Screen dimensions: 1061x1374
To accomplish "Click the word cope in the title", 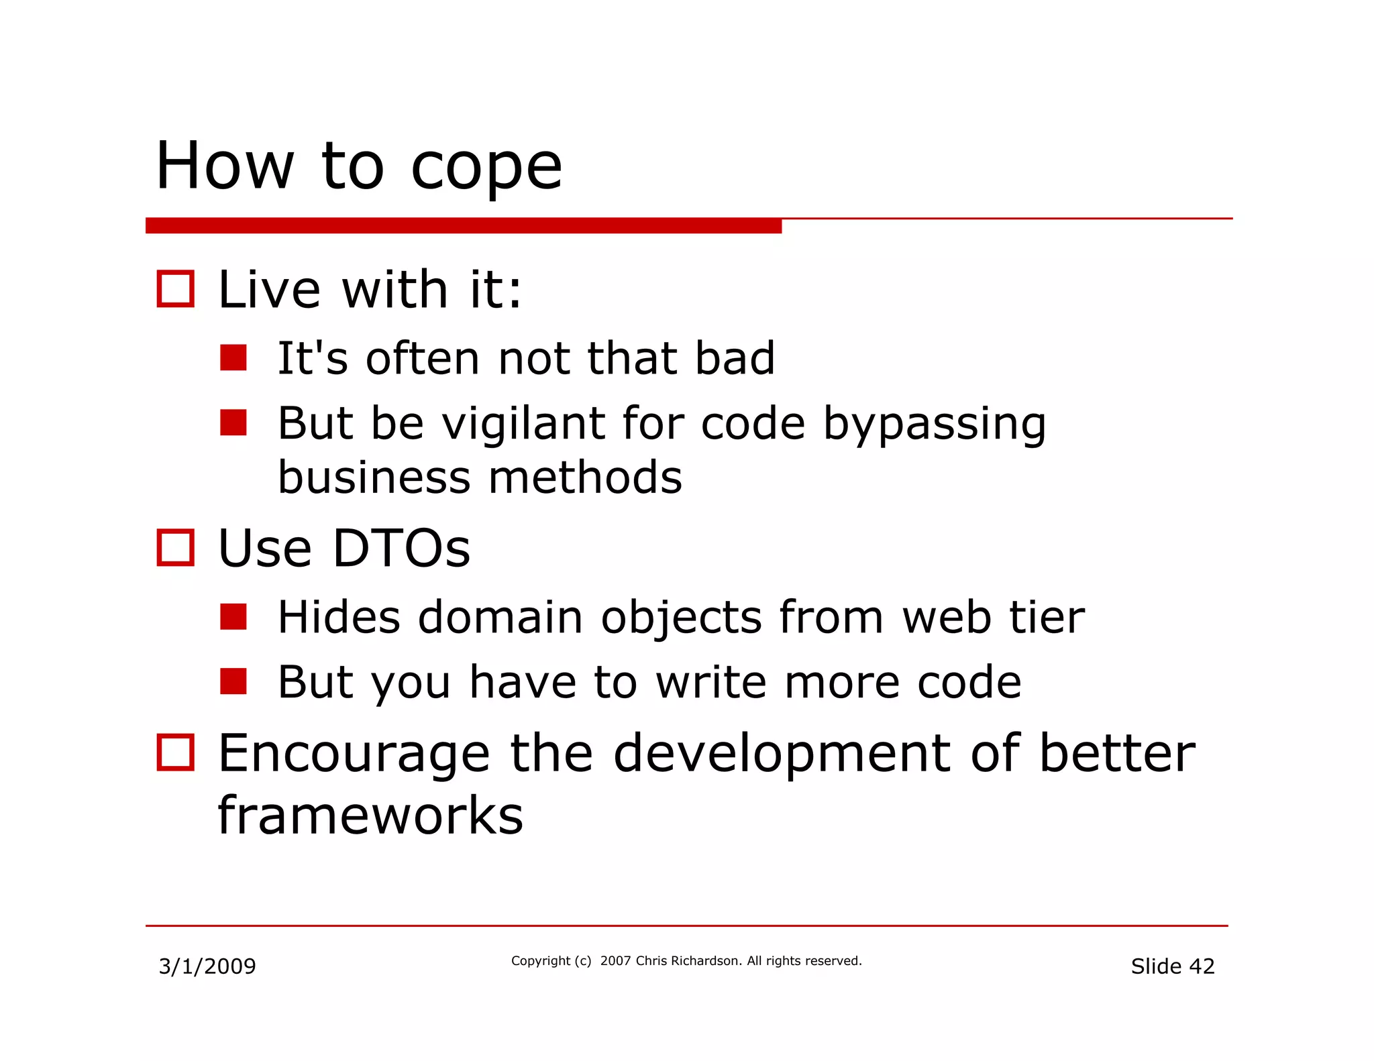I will point(486,168).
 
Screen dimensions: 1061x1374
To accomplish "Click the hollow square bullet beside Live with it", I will point(176,289).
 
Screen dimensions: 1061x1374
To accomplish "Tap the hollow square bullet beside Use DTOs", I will point(176,548).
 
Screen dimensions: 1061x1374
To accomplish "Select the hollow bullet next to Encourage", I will point(176,752).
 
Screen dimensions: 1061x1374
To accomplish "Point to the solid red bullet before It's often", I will point(233,358).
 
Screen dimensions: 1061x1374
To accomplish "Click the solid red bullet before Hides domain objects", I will point(233,617).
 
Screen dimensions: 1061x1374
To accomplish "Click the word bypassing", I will point(934,424).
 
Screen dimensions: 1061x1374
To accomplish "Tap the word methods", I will point(585,478).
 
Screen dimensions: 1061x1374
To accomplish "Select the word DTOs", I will point(401,549).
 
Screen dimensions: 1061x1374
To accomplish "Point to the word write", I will point(711,682).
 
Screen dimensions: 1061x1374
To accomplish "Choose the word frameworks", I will point(370,816).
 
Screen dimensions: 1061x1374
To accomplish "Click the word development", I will point(782,754).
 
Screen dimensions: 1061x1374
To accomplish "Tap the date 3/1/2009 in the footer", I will point(207,966).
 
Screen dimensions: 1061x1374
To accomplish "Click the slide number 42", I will point(1202,966).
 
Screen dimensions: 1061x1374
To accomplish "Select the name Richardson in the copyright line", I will point(706,961).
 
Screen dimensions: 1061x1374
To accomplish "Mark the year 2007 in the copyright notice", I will point(615,961).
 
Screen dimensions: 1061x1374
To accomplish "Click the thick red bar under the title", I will point(463,226).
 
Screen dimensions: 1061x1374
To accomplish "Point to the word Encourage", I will point(354,754).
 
